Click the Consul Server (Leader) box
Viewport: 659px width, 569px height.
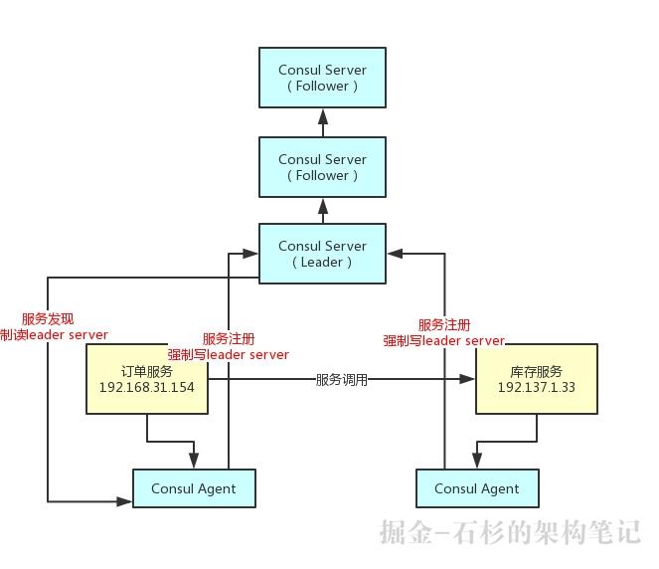[322, 254]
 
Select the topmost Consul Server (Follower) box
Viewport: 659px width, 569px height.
[322, 78]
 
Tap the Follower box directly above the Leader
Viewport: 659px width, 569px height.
[322, 167]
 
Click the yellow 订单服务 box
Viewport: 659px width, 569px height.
[147, 378]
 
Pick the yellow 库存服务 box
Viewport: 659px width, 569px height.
[537, 378]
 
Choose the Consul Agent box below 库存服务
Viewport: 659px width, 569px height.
[477, 488]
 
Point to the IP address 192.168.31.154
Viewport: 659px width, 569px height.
[147, 386]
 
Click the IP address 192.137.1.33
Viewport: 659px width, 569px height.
[537, 386]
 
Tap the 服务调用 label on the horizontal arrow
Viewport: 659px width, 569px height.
[341, 379]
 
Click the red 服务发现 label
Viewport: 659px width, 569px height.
[48, 319]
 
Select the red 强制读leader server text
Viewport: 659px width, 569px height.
[55, 335]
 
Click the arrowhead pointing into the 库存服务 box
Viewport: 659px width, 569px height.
[468, 379]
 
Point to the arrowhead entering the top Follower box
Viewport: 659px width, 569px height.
[322, 115]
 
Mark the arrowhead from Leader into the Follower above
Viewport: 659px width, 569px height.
[322, 205]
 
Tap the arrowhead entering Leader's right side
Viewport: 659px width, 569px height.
[395, 254]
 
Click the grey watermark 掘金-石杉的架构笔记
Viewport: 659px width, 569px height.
[510, 532]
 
